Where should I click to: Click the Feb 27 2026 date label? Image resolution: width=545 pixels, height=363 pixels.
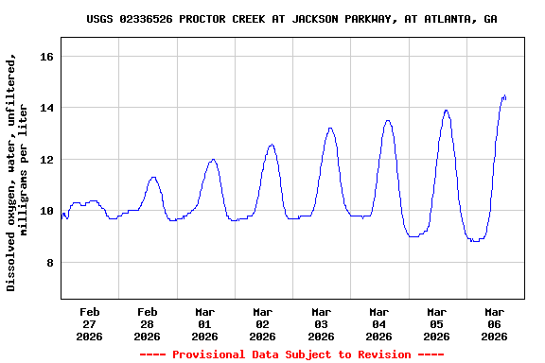[x=90, y=323]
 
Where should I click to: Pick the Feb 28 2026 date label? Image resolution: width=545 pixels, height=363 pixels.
[x=148, y=323]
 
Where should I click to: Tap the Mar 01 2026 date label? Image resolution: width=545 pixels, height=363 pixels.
[x=205, y=323]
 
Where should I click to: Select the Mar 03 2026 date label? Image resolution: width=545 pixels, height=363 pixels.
[x=321, y=323]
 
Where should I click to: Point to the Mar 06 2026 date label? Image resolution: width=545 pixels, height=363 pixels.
[x=494, y=323]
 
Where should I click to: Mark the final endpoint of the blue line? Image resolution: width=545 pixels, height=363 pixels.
[x=506, y=97]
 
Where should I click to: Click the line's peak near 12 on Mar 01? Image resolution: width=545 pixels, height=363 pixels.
[x=214, y=159]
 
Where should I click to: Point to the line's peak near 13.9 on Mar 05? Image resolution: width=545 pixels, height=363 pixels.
[x=446, y=110]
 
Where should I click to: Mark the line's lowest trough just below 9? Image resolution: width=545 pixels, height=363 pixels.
[x=474, y=241]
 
